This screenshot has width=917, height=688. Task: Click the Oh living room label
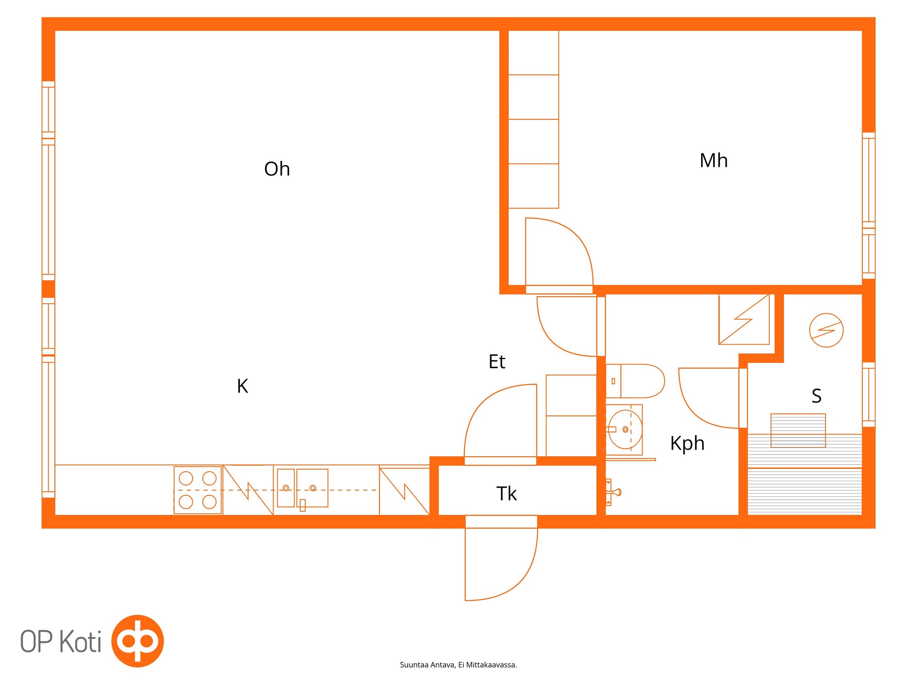277,169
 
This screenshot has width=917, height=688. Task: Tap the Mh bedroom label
713,160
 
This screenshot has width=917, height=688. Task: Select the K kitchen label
242,386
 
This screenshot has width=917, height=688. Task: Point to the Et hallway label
497,361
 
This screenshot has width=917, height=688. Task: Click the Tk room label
506,493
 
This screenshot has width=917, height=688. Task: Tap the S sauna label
816,396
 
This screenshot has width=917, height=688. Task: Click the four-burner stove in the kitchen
198,490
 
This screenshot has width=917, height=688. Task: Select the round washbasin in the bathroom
625,429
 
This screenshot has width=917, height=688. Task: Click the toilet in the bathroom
635,381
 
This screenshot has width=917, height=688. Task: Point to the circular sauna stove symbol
826,330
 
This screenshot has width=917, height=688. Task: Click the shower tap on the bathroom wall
613,492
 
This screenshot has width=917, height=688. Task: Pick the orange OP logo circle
138,641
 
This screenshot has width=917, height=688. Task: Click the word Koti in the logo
80,641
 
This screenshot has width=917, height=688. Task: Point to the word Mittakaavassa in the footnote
491,665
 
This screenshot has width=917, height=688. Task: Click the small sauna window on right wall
868,395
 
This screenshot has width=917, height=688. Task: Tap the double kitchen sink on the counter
303,488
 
